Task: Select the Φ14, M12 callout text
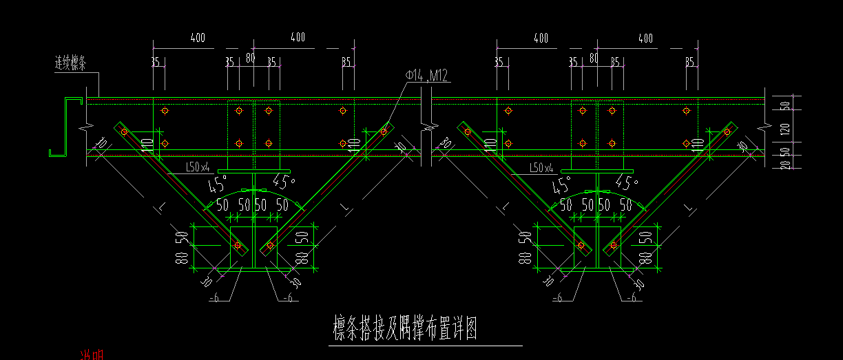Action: coord(427,76)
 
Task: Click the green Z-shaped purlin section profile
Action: coord(63,127)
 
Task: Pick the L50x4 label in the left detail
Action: coord(198,167)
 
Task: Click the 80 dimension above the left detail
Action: coord(251,58)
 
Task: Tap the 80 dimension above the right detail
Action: coord(594,58)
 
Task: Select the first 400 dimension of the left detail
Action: coord(198,38)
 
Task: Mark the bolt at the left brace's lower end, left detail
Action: coord(238,245)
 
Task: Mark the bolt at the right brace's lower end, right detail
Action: coord(613,245)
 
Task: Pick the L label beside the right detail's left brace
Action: coord(505,206)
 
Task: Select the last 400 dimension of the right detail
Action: coord(645,38)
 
